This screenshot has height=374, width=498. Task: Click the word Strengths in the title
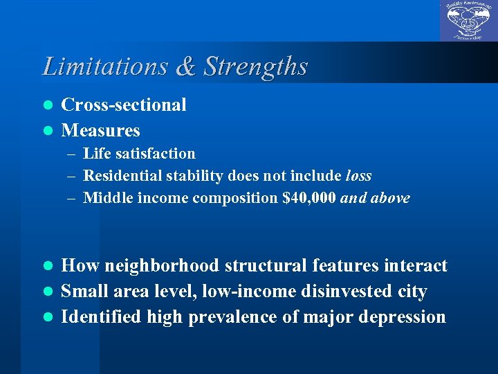(255, 66)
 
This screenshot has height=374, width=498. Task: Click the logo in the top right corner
(468, 21)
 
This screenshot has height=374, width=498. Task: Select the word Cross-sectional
(124, 105)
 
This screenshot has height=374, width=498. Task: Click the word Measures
(101, 131)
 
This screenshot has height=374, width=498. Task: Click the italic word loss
(358, 176)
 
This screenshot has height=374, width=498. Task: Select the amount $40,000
(309, 198)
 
